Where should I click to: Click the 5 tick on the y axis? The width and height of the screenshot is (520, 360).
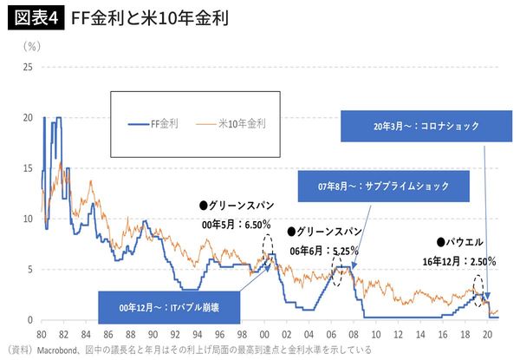coord(29,270)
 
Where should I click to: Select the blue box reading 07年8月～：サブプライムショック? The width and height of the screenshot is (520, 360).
coord(383,186)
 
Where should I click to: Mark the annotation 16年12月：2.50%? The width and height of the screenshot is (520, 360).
coord(458,259)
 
